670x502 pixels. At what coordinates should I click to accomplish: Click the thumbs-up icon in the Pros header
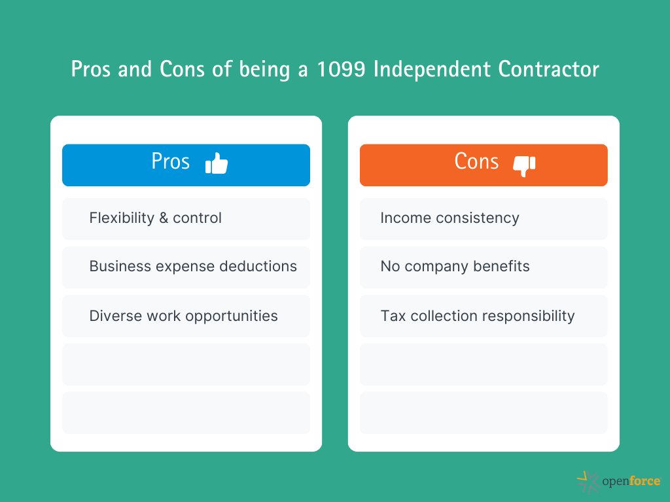click(217, 163)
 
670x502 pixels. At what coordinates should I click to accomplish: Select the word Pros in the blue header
click(171, 161)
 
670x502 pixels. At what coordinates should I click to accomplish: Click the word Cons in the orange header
click(476, 161)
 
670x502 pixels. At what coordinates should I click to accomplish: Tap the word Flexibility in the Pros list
click(122, 218)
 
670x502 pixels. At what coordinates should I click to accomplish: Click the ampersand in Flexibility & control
click(164, 218)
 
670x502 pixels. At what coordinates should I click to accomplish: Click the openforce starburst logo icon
click(588, 482)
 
